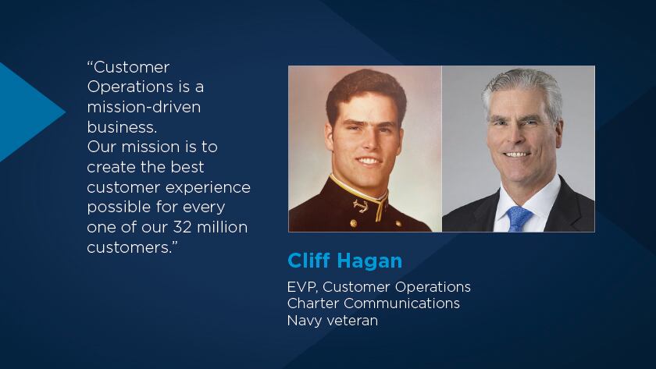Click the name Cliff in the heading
pyautogui.click(x=308, y=261)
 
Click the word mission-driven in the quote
pyautogui.click(x=144, y=108)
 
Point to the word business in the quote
pyautogui.click(x=120, y=127)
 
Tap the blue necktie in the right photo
pyautogui.click(x=519, y=218)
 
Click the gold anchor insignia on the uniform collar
pyautogui.click(x=361, y=205)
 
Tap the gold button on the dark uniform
pyautogui.click(x=354, y=224)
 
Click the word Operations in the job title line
pyautogui.click(x=433, y=288)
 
